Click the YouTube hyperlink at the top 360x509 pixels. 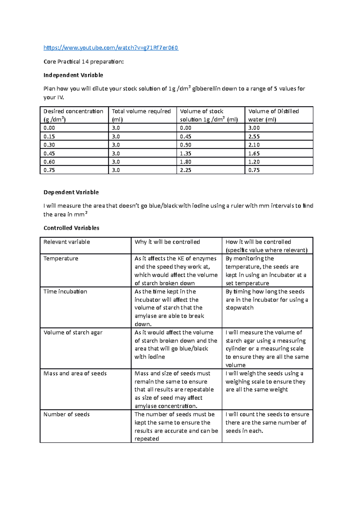click(x=111, y=48)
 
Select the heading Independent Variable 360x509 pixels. click(x=73, y=75)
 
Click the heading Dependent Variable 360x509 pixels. click(x=71, y=192)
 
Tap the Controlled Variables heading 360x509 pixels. click(x=71, y=228)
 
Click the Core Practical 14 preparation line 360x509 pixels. click(x=83, y=62)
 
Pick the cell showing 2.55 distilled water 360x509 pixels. click(x=254, y=136)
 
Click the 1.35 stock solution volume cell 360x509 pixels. click(x=185, y=153)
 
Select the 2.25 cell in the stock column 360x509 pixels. click(x=185, y=170)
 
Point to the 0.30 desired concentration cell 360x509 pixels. click(x=49, y=145)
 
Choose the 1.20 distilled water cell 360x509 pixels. click(x=254, y=162)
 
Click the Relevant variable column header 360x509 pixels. click(x=67, y=242)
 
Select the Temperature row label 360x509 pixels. click(x=61, y=258)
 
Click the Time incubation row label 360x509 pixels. click(x=65, y=291)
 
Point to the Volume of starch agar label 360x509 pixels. click(x=73, y=332)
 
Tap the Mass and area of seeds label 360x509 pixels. click(x=75, y=374)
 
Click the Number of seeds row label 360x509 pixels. click(x=67, y=414)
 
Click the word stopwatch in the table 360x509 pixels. click(x=239, y=308)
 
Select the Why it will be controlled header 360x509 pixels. click(x=167, y=242)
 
